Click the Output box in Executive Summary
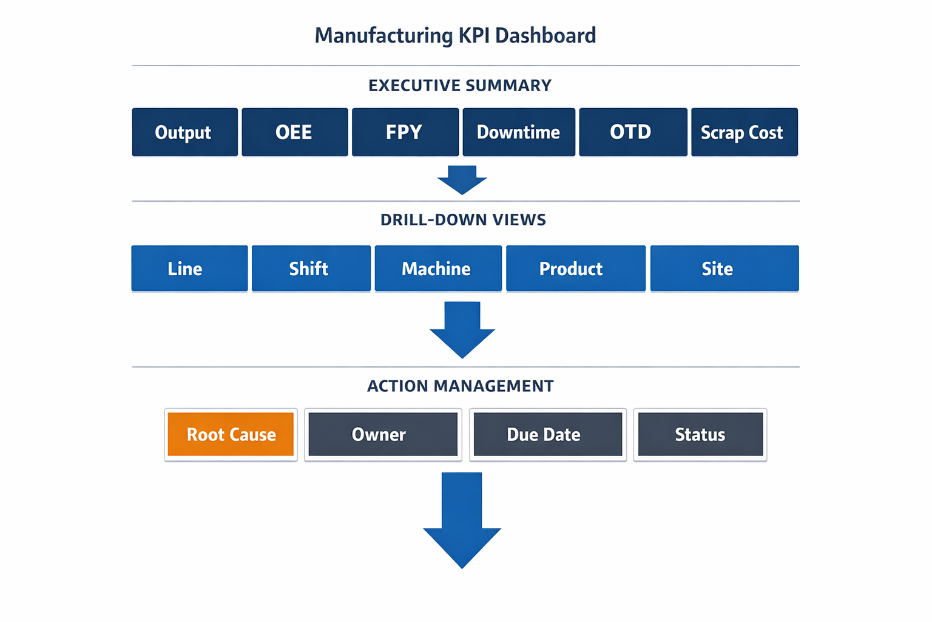[x=184, y=132]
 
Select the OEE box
[x=294, y=132]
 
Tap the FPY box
[x=405, y=132]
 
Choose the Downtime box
[x=518, y=132]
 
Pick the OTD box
[x=632, y=132]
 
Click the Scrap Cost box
[x=744, y=132]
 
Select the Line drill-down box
[x=189, y=268]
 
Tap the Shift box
[x=311, y=268]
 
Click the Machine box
[x=437, y=268]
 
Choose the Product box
[x=575, y=268]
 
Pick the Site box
[x=724, y=268]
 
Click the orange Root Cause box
[x=231, y=434]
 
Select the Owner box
[x=382, y=434]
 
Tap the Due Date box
[x=547, y=434]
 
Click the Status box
[x=700, y=434]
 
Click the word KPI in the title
[x=473, y=35]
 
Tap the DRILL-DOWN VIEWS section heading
[x=463, y=220]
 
